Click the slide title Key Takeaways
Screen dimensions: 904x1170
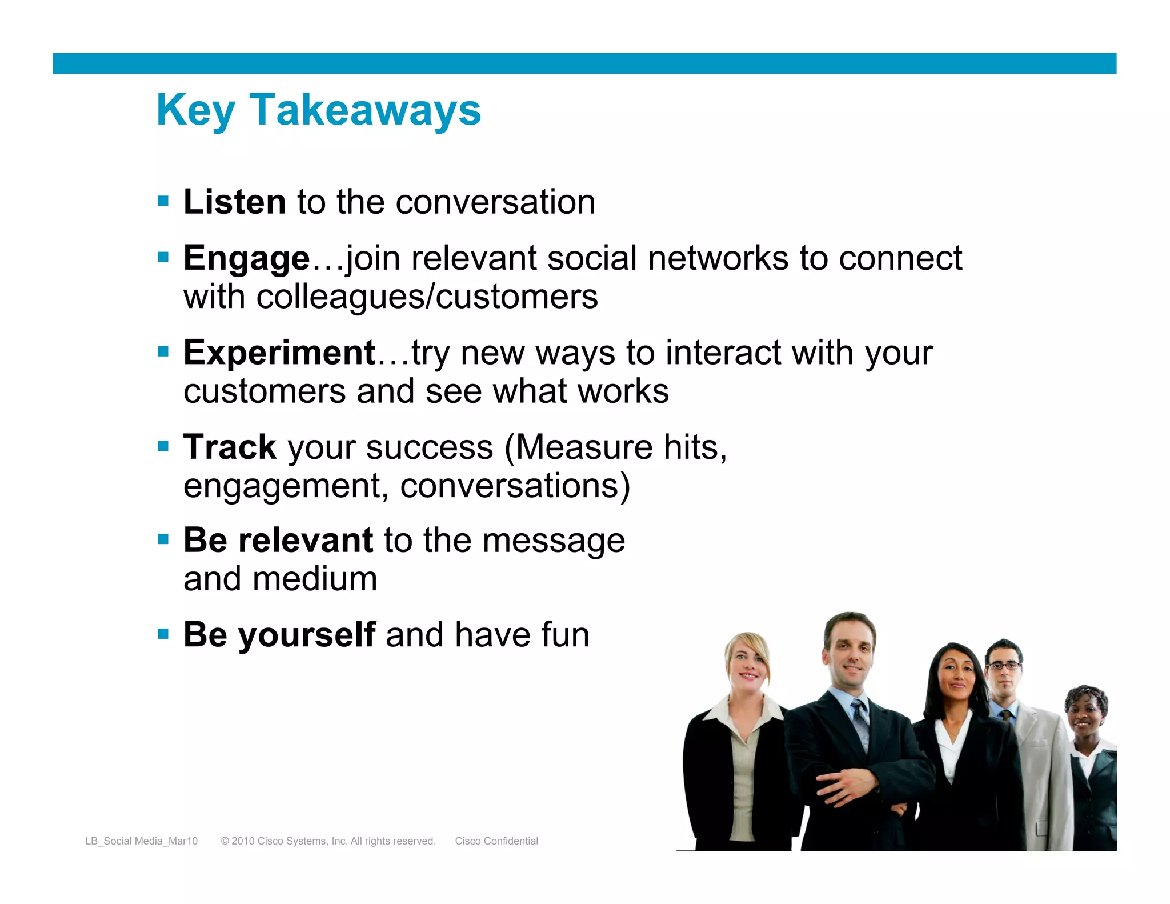pyautogui.click(x=318, y=110)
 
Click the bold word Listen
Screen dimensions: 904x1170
pyautogui.click(x=234, y=202)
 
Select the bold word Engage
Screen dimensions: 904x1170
pyautogui.click(x=246, y=258)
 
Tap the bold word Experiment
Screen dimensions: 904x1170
pyautogui.click(x=279, y=353)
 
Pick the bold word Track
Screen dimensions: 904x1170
pyautogui.click(x=230, y=447)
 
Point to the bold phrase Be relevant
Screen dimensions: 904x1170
pyautogui.click(x=278, y=541)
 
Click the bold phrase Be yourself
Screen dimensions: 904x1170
pyautogui.click(x=279, y=635)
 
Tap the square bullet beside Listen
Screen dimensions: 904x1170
pyautogui.click(x=163, y=201)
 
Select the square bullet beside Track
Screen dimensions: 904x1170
pyautogui.click(x=163, y=446)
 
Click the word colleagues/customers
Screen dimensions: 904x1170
pyautogui.click(x=427, y=297)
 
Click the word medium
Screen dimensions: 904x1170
pyautogui.click(x=315, y=579)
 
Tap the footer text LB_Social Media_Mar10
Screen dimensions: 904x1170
pyautogui.click(x=141, y=841)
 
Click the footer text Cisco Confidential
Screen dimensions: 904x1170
pyautogui.click(x=496, y=841)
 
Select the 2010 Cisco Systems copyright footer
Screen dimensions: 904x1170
pyautogui.click(x=328, y=841)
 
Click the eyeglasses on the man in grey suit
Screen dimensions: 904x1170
pyautogui.click(x=1004, y=666)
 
